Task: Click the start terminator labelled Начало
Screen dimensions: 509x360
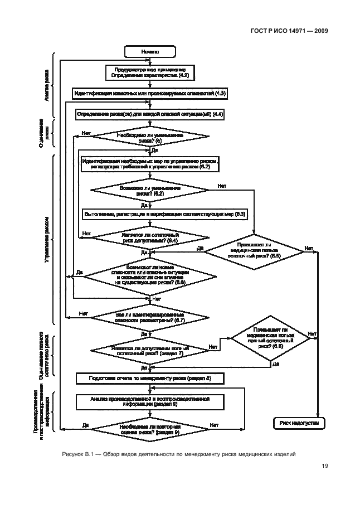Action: pos(150,51)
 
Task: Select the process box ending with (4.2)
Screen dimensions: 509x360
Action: pos(150,71)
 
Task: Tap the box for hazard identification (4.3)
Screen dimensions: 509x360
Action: pos(150,93)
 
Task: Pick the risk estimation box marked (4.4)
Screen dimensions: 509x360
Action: pos(150,114)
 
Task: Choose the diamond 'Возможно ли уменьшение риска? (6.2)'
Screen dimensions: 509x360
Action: pos(150,191)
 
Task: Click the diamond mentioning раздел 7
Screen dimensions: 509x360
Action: pos(148,350)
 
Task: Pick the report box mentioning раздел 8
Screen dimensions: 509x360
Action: pos(150,378)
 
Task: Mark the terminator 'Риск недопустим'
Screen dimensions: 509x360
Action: pos(299,423)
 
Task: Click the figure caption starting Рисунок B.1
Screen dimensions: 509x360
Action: pos(178,455)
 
